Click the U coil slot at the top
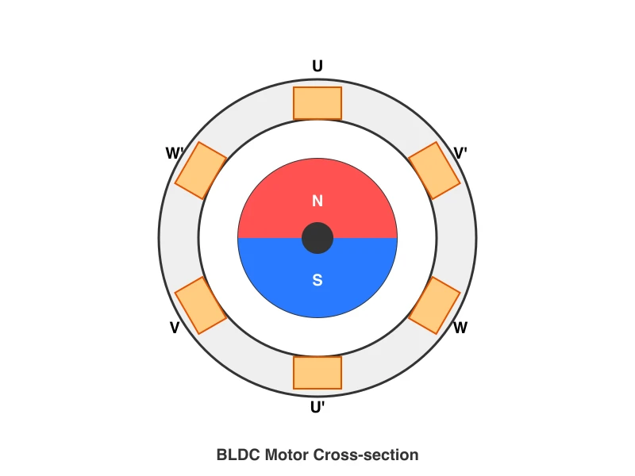[x=317, y=103]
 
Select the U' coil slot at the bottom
[x=317, y=373]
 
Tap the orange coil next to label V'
[x=434, y=171]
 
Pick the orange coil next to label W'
[x=201, y=171]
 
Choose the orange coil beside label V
[x=201, y=305]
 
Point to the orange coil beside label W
[x=434, y=305]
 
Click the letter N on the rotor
[x=317, y=202]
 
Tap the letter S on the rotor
[x=317, y=280]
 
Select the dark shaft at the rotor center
[x=317, y=238]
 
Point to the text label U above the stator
[x=317, y=67]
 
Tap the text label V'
[x=460, y=152]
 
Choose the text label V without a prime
[x=175, y=328]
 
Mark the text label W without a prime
[x=460, y=328]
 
